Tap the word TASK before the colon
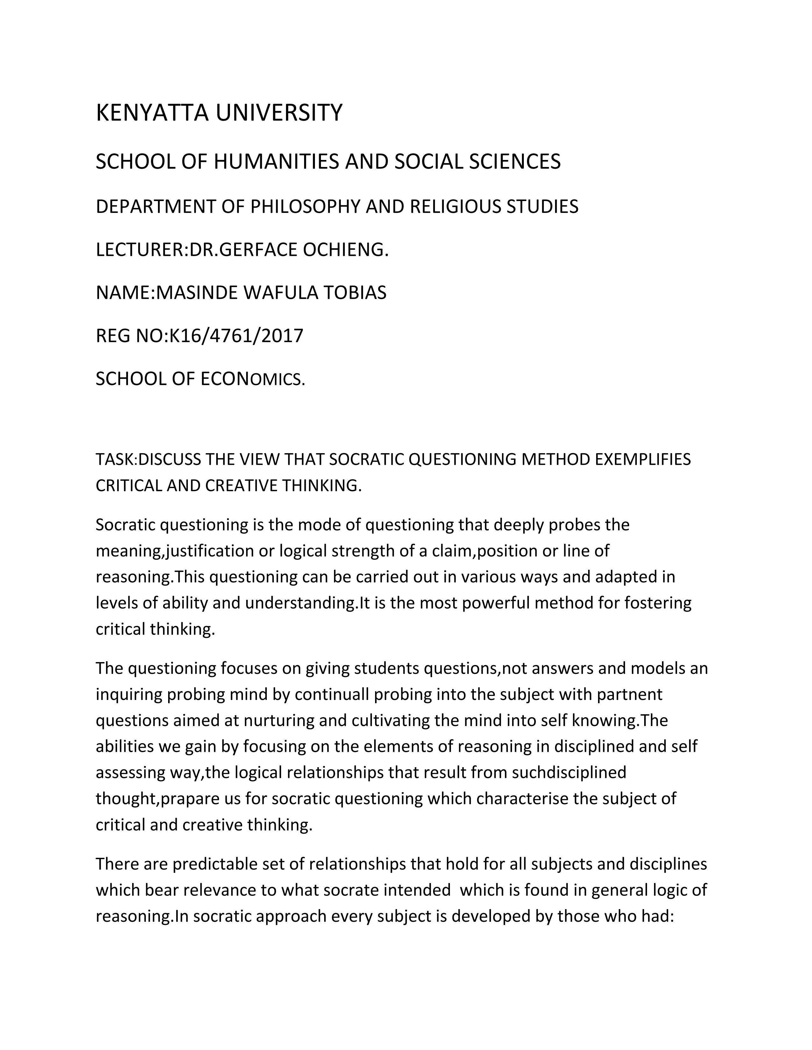pos(115,460)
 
